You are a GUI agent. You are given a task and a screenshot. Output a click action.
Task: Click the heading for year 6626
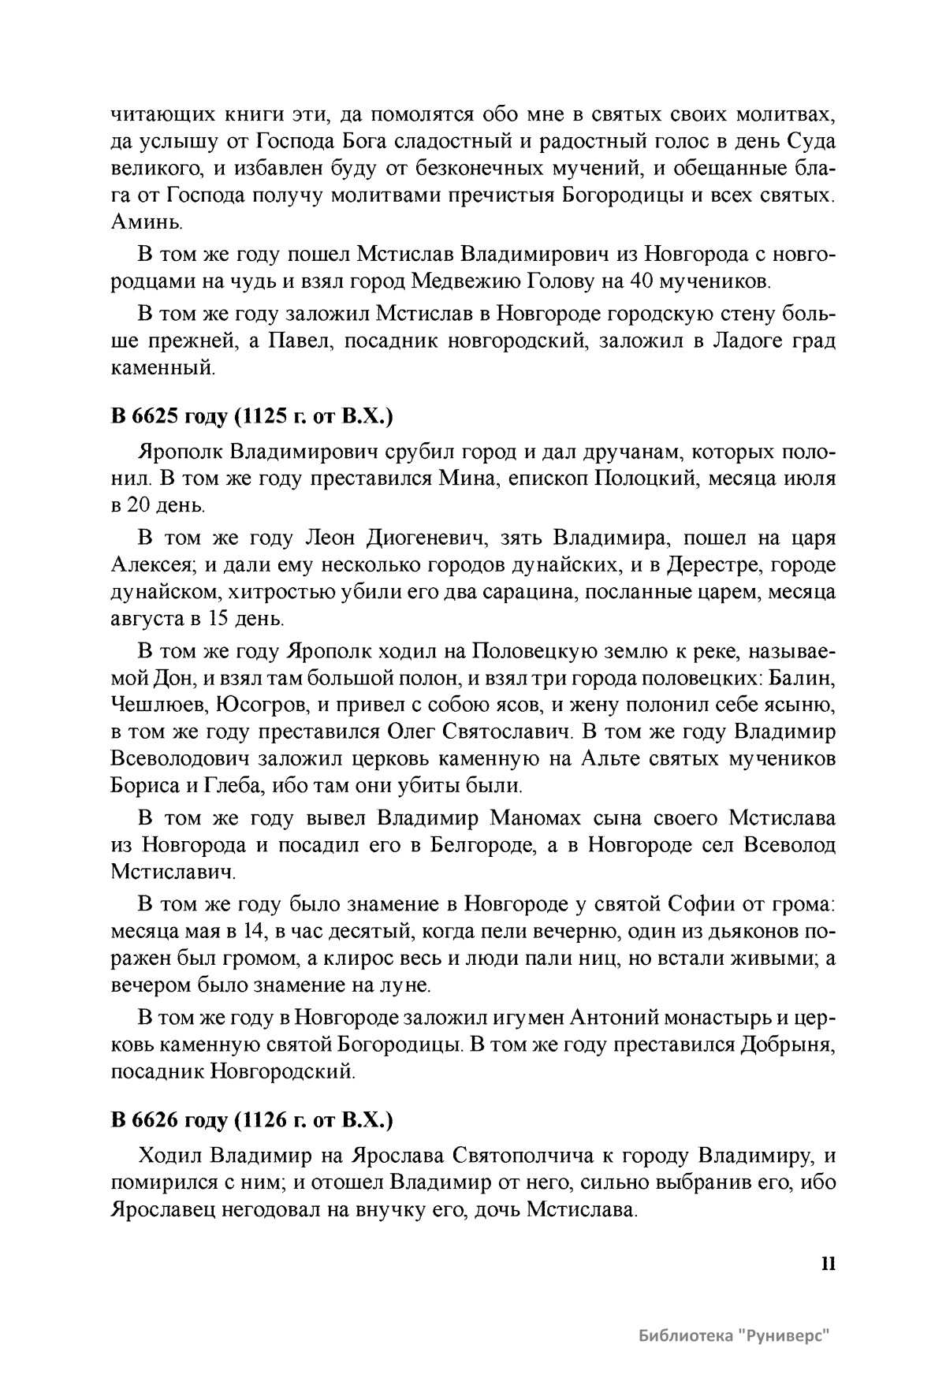[x=251, y=1119]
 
